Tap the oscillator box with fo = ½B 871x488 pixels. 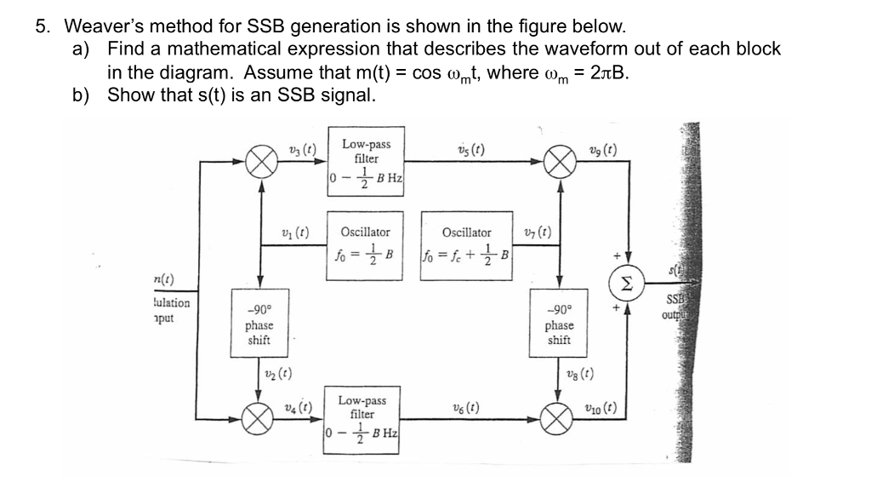click(x=366, y=244)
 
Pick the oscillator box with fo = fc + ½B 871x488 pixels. click(x=467, y=244)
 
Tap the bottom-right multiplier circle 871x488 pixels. click(x=559, y=417)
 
